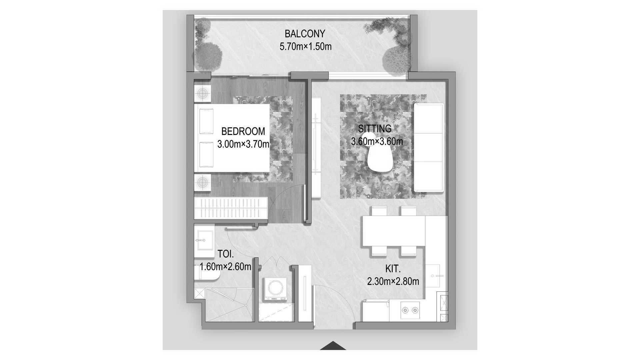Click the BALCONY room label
pyautogui.click(x=305, y=34)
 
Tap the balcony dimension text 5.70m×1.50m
pyautogui.click(x=306, y=47)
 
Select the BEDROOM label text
pyautogui.click(x=243, y=131)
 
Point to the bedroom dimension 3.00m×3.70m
pyautogui.click(x=243, y=144)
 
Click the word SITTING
pyautogui.click(x=375, y=129)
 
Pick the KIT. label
pyautogui.click(x=393, y=269)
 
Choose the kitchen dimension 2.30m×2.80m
pyautogui.click(x=393, y=282)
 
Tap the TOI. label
pyautogui.click(x=226, y=254)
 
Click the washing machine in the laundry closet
pyautogui.click(x=275, y=289)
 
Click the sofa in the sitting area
pyautogui.click(x=429, y=148)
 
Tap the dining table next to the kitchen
pyautogui.click(x=394, y=231)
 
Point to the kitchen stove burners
pyautogui.click(x=410, y=310)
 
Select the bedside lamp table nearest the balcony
pyautogui.click(x=202, y=94)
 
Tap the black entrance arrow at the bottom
pyautogui.click(x=333, y=346)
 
